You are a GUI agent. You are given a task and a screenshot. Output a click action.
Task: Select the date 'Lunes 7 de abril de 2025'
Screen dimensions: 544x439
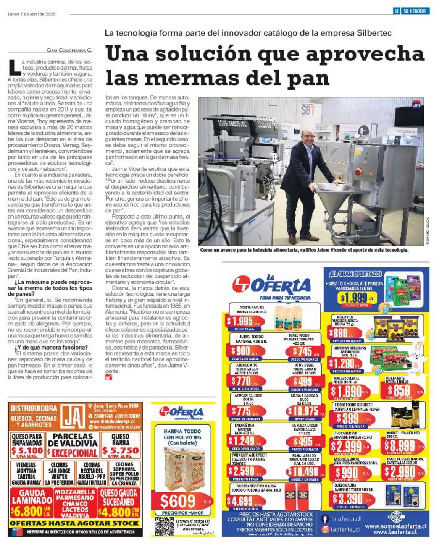(32, 14)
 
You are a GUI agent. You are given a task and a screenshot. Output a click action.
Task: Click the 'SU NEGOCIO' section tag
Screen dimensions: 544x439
(415, 11)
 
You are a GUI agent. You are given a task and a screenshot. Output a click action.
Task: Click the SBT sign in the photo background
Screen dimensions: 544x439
(308, 110)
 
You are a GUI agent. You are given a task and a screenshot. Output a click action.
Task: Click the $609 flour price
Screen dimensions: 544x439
(178, 501)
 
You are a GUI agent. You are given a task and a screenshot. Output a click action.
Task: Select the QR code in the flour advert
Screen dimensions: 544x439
(164, 526)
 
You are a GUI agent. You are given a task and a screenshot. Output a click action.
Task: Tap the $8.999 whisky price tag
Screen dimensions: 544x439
(399, 445)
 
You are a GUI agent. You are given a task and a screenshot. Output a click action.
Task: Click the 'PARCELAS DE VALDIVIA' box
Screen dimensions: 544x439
(73, 445)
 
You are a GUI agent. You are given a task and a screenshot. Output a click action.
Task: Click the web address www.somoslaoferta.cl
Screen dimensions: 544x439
(396, 526)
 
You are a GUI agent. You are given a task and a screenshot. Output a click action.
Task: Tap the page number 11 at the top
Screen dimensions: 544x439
(397, 11)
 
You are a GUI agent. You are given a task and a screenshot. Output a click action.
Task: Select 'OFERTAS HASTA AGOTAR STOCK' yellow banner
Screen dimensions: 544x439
(75, 523)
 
